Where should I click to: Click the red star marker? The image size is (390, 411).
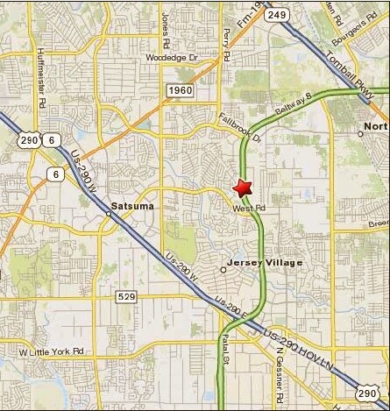[x=242, y=187]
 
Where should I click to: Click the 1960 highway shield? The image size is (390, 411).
[x=178, y=89]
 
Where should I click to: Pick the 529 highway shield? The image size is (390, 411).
[x=126, y=297]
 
